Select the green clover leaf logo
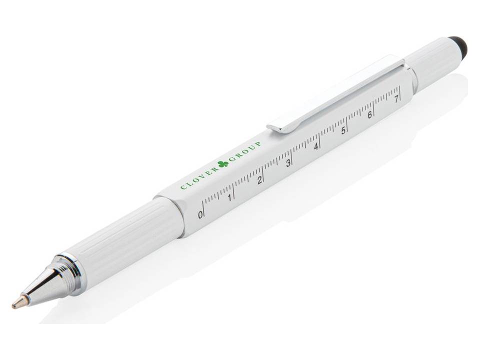click(x=223, y=163)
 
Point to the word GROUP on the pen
click(x=246, y=150)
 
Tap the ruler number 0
click(x=200, y=215)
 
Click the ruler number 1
click(x=229, y=197)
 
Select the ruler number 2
click(x=259, y=180)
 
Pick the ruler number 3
click(x=288, y=163)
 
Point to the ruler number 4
click(x=316, y=147)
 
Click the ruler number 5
click(x=343, y=131)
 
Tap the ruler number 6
click(x=370, y=115)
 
